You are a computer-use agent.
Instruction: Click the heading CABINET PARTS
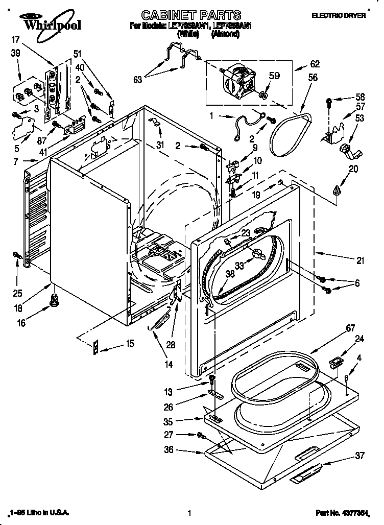tap(184, 15)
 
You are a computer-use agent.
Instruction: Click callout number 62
tap(316, 65)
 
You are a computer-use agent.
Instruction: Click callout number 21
tap(361, 260)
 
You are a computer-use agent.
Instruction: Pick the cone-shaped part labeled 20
tap(335, 190)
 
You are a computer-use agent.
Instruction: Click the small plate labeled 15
tap(95, 347)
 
